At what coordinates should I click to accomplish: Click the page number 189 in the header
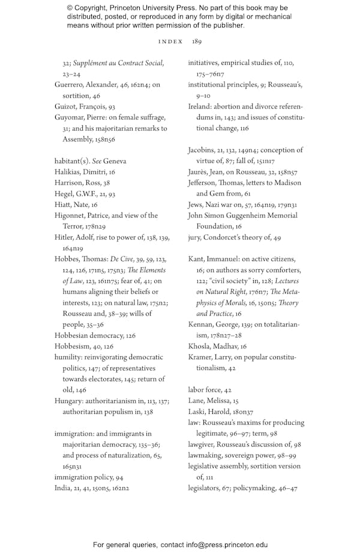point(197,41)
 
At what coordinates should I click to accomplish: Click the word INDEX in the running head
point(170,41)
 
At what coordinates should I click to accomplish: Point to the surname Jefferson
point(203,182)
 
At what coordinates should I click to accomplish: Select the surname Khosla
point(201,346)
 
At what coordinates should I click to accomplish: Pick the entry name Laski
point(198,411)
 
